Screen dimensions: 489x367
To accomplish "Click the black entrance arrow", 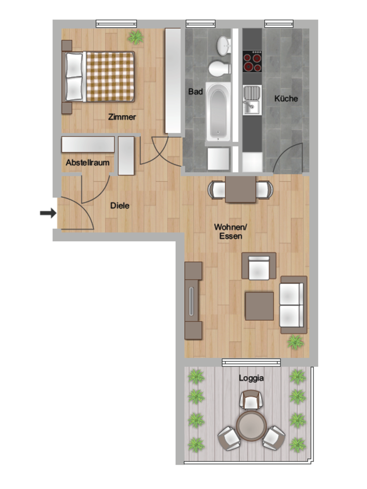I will (x=48, y=213).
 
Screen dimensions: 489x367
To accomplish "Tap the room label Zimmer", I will (x=122, y=117).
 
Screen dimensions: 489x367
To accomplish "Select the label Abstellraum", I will (x=87, y=162).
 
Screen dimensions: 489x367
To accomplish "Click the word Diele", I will (x=120, y=206).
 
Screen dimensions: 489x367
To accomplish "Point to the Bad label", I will (x=195, y=92).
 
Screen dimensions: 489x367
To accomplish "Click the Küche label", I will (x=286, y=99).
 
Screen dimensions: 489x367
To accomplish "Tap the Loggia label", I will (x=251, y=378).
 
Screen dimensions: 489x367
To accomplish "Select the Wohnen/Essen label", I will (x=230, y=232).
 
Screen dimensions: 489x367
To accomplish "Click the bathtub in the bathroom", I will (x=218, y=112).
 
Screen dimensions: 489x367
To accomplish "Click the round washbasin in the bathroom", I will (x=223, y=45).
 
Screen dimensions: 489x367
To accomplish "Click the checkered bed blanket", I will (x=110, y=77).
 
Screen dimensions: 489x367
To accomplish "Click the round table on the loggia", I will (x=251, y=426).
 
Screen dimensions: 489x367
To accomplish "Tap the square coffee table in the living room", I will (x=259, y=306).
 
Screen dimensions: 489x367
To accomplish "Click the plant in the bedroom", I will (x=135, y=37).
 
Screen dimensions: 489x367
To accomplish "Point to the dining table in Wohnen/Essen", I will (x=240, y=190).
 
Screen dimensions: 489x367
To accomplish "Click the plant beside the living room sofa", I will (x=295, y=342).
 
